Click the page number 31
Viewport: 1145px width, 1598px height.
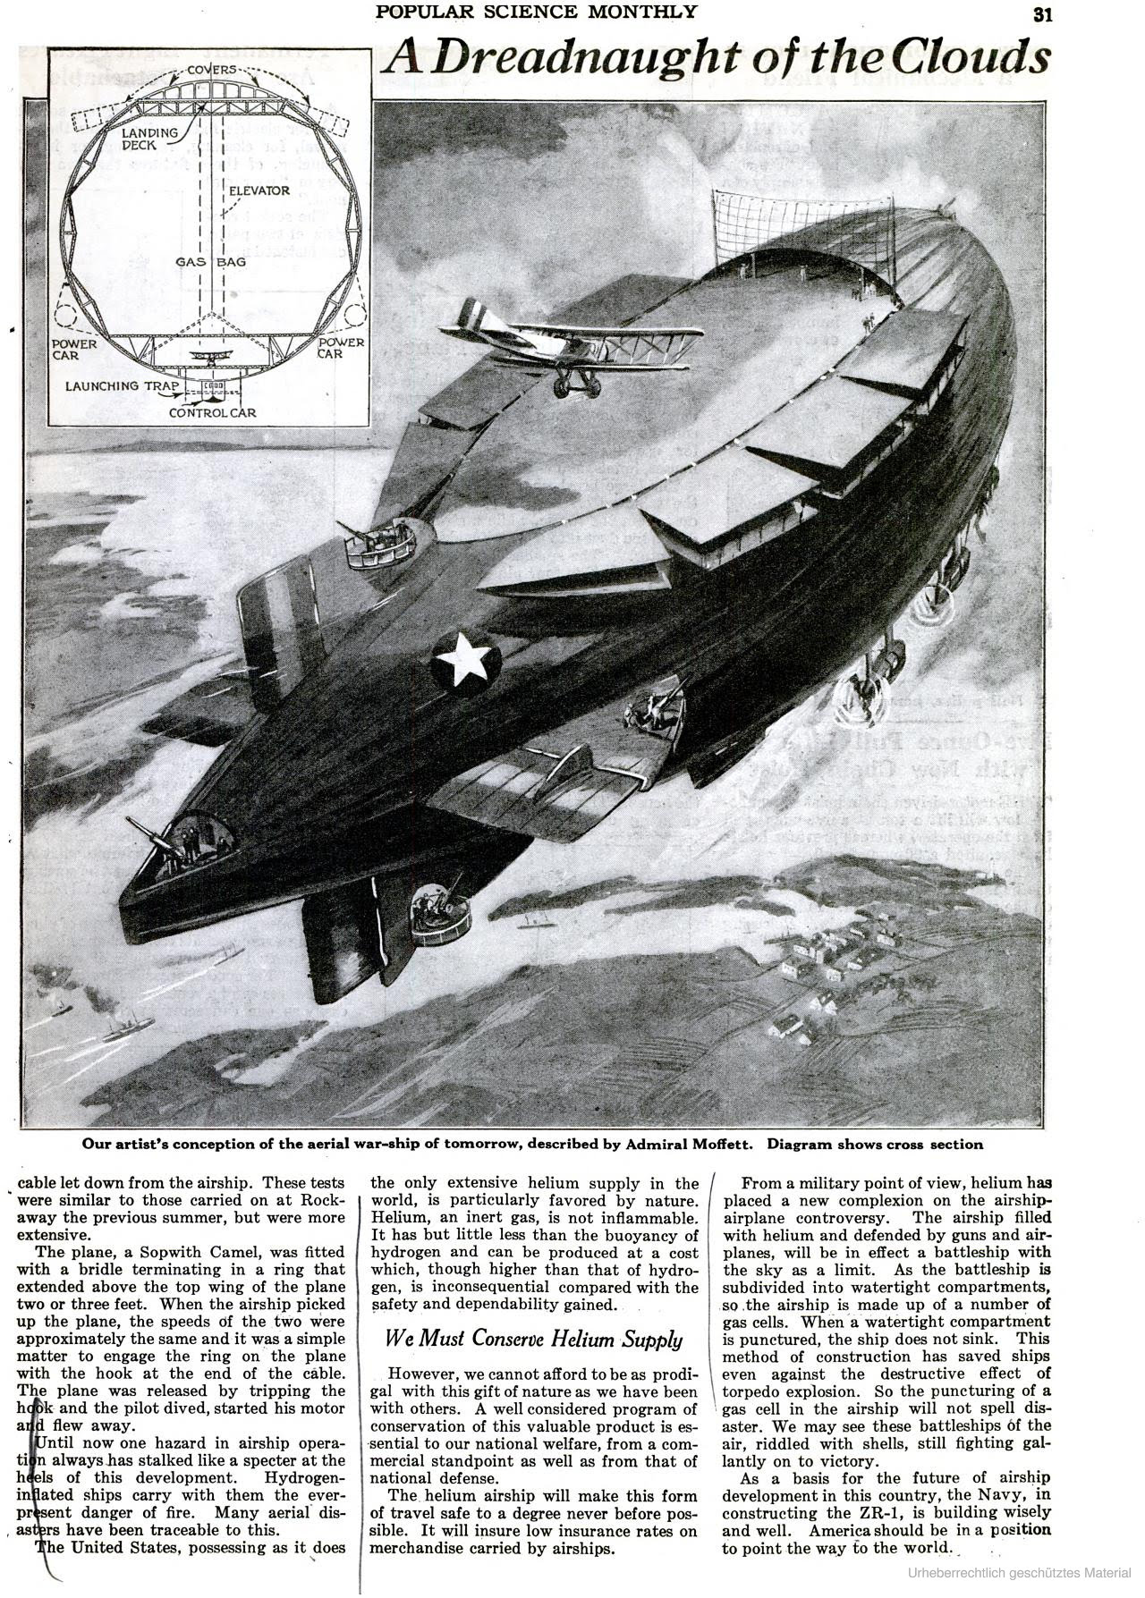point(1041,13)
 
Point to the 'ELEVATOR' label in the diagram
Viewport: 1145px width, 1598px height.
point(259,190)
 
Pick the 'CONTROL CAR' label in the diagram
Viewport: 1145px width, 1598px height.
point(213,413)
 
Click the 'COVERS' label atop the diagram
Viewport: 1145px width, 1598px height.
point(212,70)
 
